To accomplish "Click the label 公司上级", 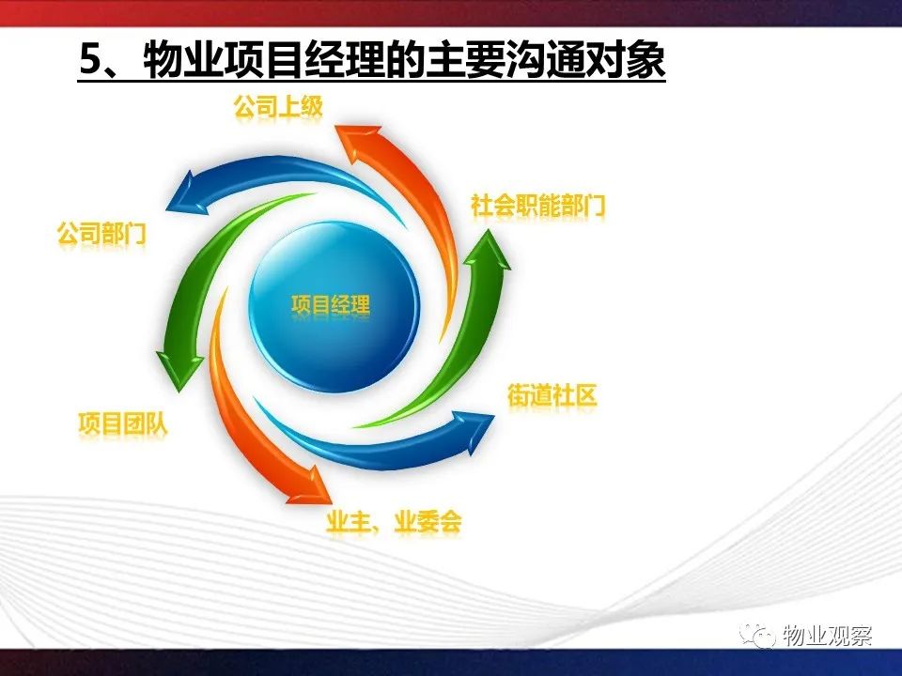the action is (278, 107).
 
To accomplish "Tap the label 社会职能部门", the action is (537, 206).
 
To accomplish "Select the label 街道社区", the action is (552, 395).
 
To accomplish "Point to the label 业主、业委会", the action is (394, 523).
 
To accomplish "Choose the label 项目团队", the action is (123, 424).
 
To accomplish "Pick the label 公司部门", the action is (101, 234).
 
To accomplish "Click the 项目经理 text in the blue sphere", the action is (331, 304).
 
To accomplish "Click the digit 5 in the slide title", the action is (90, 59).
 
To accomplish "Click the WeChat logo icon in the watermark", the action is (757, 636).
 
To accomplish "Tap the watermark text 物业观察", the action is (827, 637).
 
